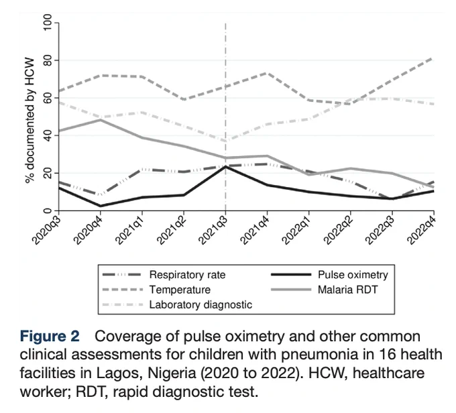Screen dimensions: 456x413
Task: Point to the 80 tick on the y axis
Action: click(x=47, y=60)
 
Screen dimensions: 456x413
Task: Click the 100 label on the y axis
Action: click(x=47, y=22)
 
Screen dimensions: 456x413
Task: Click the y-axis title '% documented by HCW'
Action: click(x=30, y=121)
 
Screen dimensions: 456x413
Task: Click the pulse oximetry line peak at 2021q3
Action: click(x=225, y=167)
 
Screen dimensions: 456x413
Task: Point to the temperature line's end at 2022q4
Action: click(x=433, y=59)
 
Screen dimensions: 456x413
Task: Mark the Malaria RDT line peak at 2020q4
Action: click(x=101, y=120)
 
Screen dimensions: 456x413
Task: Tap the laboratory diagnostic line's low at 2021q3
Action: click(x=225, y=141)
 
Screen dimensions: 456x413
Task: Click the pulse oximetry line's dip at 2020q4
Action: click(x=101, y=206)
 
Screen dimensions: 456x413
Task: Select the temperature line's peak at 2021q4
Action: click(x=267, y=72)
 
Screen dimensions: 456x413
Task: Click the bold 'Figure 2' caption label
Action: click(x=50, y=337)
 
